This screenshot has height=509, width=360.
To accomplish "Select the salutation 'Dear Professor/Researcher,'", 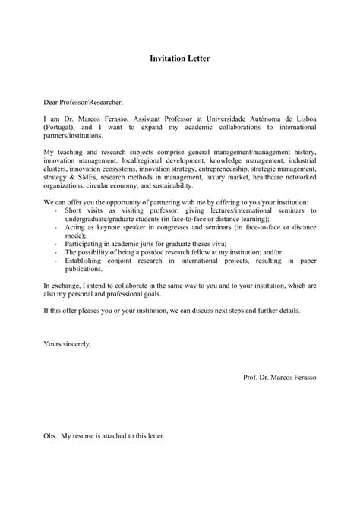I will click(x=82, y=101).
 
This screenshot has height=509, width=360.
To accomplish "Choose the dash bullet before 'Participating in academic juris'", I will click(x=58, y=245).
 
